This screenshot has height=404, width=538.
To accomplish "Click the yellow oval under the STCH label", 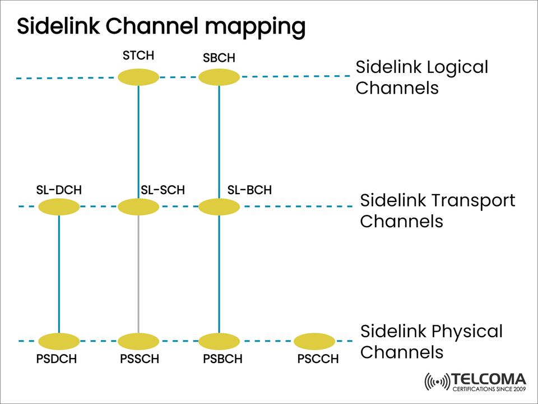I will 138,77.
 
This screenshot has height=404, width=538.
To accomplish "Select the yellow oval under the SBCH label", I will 219,77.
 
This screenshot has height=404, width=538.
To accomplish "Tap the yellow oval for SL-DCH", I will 59,207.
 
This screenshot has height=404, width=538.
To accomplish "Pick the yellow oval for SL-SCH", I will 138,207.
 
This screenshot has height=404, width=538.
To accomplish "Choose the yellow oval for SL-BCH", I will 219,207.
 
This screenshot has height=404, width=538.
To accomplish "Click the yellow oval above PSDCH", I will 59,341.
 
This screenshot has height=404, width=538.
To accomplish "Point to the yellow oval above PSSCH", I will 138,341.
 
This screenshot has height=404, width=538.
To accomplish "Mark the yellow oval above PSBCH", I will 219,341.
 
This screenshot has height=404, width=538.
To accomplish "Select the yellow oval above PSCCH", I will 314,341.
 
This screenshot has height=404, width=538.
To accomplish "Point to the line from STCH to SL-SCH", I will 138,140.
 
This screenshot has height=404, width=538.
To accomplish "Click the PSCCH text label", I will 318,359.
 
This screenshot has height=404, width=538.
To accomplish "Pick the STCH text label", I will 138,56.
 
